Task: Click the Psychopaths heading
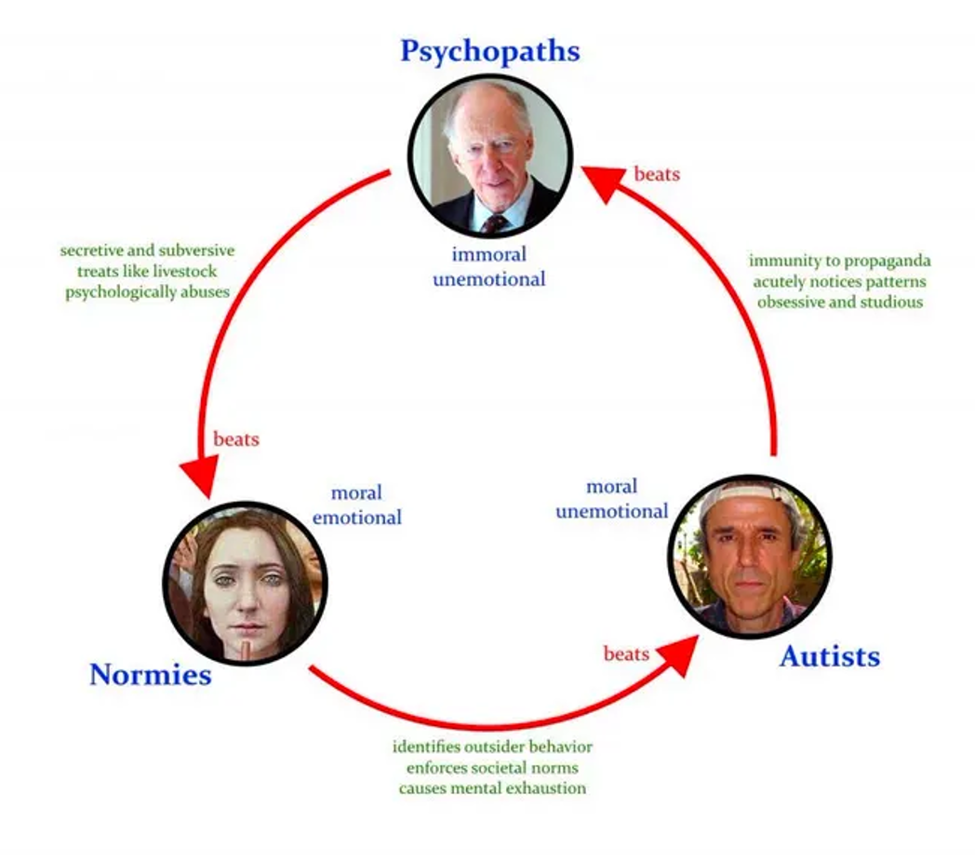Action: [x=490, y=51]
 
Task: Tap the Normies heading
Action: [x=151, y=675]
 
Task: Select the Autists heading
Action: [x=830, y=656]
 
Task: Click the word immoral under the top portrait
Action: [x=488, y=254]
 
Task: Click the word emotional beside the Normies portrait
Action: [x=357, y=518]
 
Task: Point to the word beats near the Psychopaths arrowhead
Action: [x=657, y=174]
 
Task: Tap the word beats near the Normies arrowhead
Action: [x=236, y=438]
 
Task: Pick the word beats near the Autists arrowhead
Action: [x=626, y=653]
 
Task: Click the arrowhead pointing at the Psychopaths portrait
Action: [x=602, y=182]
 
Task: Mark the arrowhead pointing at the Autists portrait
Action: [x=679, y=654]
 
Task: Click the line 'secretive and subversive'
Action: [x=147, y=250]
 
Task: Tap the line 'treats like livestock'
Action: [x=147, y=272]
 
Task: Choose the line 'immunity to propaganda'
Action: [x=839, y=260]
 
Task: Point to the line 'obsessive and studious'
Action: [x=840, y=302]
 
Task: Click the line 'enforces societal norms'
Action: [x=492, y=767]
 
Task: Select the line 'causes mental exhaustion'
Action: [x=492, y=788]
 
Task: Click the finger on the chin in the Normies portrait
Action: [x=247, y=650]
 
